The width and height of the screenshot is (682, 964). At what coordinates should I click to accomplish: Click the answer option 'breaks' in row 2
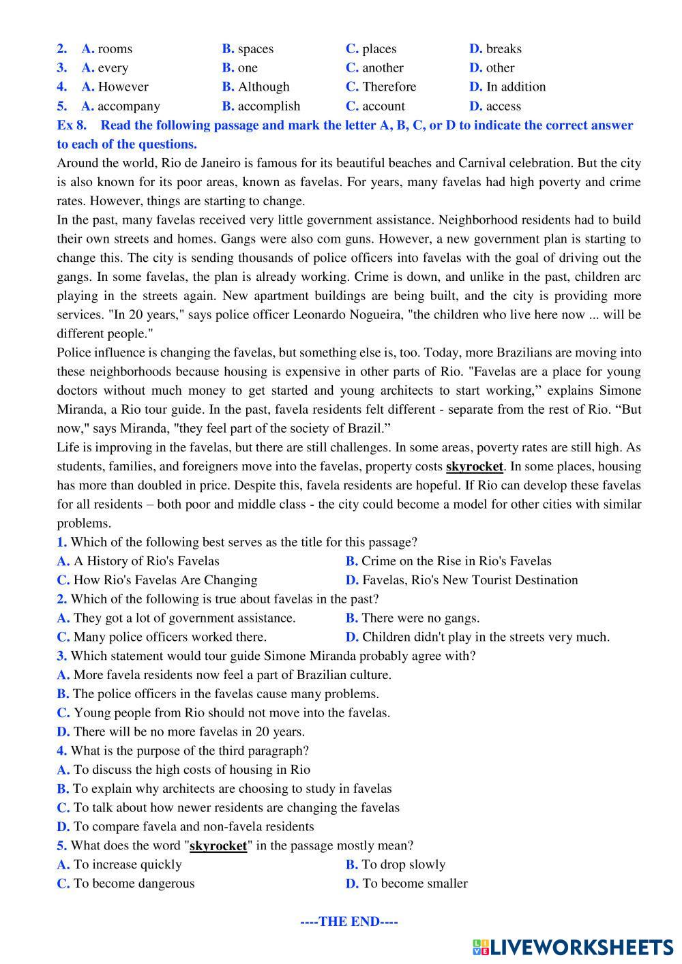click(x=503, y=49)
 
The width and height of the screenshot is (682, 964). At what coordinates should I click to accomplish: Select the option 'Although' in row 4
click(x=263, y=87)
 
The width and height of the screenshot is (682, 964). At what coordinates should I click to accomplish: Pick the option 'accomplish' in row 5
click(x=269, y=106)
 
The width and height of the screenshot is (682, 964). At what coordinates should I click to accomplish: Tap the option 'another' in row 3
click(x=383, y=68)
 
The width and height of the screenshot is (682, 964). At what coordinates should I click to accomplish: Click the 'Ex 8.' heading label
click(x=72, y=125)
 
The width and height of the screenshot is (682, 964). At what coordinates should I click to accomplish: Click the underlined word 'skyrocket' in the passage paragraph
click(x=474, y=467)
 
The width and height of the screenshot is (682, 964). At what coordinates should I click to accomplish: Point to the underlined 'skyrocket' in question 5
click(x=218, y=846)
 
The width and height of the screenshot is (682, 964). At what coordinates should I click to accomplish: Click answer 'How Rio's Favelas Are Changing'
click(x=165, y=580)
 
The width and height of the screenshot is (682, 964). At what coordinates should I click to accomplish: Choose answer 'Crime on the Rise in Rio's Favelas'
click(x=456, y=561)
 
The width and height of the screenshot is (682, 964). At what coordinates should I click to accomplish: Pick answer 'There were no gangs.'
click(x=420, y=618)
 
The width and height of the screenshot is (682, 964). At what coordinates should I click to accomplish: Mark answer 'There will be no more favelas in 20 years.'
click(x=189, y=732)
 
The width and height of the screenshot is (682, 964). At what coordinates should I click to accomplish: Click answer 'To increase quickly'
click(x=128, y=864)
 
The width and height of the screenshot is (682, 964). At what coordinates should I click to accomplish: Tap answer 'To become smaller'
click(x=415, y=884)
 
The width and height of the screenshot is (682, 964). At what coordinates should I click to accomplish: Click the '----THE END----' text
click(x=349, y=922)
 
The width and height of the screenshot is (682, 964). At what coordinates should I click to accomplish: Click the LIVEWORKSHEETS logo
click(x=572, y=947)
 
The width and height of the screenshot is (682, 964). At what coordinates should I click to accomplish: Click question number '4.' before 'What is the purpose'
click(x=61, y=751)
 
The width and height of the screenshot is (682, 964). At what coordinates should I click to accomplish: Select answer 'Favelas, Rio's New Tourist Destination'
click(x=470, y=580)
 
